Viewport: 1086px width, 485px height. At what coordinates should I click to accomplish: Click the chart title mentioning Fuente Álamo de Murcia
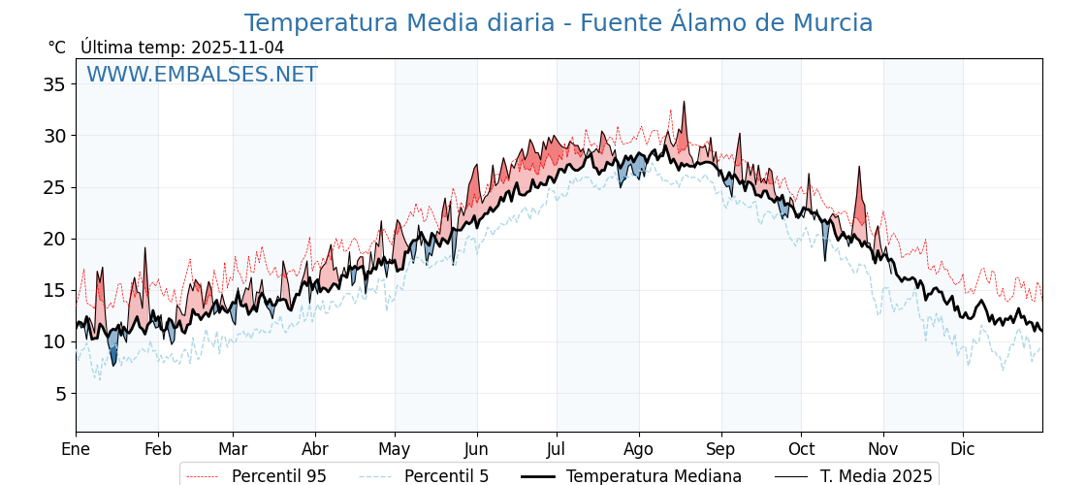558,23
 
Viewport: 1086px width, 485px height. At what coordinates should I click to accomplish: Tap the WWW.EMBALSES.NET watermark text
202,75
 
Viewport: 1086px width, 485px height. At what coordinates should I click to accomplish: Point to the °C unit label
56,48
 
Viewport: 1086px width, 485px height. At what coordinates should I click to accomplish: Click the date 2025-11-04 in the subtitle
238,48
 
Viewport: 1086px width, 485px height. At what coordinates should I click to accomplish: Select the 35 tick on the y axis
54,84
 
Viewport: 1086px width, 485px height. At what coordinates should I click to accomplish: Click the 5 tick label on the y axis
60,394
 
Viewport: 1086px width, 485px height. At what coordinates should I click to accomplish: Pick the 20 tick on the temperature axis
54,239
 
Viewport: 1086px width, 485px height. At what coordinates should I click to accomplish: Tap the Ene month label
76,449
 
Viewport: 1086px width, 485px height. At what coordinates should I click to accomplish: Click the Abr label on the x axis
315,449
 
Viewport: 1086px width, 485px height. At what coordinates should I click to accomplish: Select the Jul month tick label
557,449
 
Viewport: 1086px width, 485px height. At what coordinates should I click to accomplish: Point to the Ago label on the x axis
639,449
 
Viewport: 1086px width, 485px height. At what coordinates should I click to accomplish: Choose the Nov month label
883,449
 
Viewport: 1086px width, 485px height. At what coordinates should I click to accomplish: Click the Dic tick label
963,449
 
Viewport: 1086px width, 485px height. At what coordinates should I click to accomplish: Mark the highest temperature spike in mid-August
684,103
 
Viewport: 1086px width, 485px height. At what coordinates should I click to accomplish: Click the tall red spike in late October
859,168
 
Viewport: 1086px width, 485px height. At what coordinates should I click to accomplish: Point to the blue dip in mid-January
113,361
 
